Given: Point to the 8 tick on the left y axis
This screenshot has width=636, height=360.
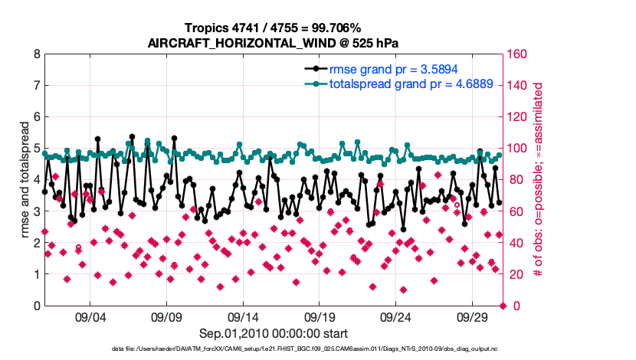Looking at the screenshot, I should pos(37,55).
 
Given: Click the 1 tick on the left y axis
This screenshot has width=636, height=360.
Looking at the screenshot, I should pos(37,274).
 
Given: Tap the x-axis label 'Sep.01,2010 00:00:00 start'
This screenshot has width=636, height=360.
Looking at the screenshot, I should pos(274,333).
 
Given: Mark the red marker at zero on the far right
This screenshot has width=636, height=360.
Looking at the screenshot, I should pos(503,306).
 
